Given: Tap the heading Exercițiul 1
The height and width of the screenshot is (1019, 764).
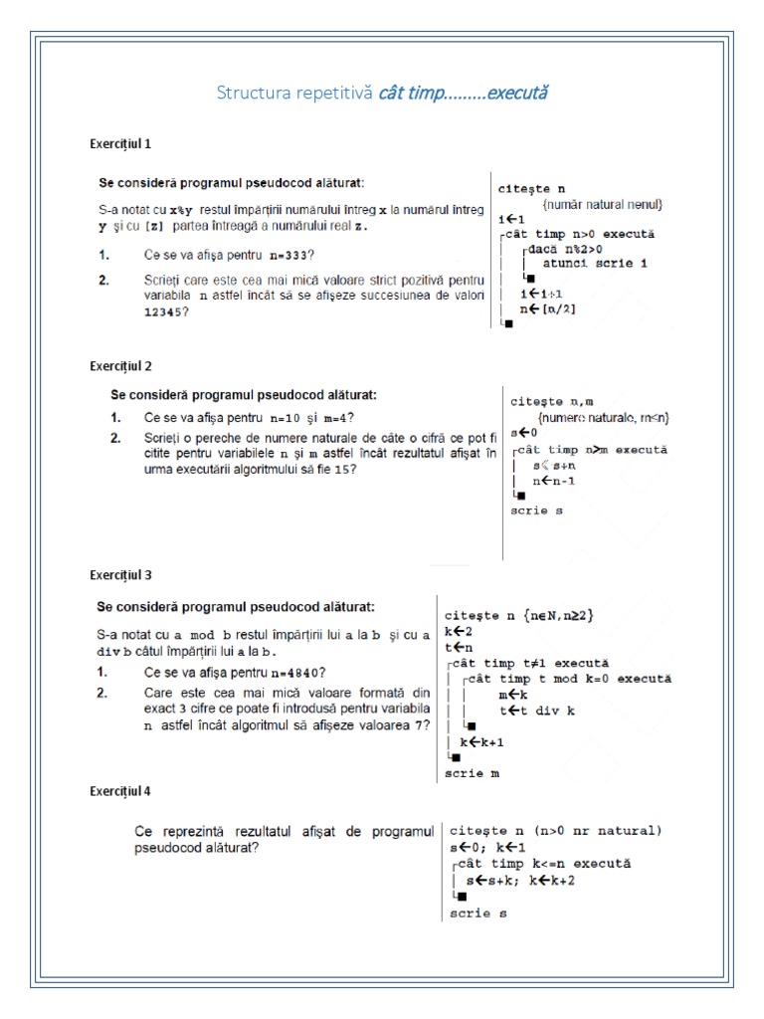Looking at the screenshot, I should [120, 143].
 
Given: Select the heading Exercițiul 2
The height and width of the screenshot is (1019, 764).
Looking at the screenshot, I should [120, 366].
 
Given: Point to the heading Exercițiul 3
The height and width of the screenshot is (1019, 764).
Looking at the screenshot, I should [120, 575].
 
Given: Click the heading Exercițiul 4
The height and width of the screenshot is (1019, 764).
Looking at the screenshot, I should [120, 792].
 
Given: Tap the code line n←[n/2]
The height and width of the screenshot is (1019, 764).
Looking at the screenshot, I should [548, 309].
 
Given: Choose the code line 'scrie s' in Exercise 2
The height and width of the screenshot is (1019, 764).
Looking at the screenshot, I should [536, 509].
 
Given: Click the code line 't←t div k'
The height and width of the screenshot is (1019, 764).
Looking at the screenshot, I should [538, 711].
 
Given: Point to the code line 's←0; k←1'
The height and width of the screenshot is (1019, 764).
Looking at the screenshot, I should [494, 847].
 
